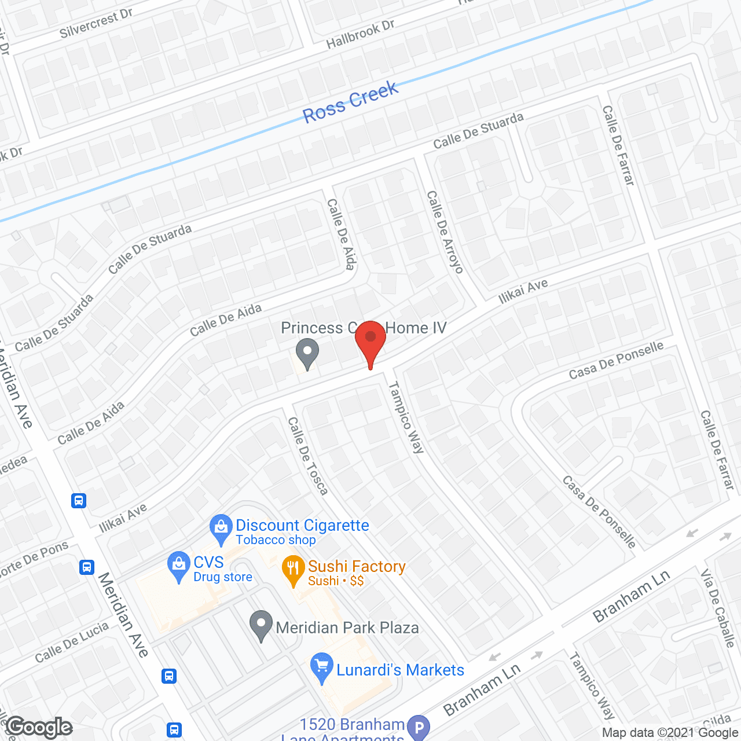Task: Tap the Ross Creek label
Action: pyautogui.click(x=351, y=102)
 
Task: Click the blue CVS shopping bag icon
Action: pyautogui.click(x=178, y=565)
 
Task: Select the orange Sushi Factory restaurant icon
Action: pyautogui.click(x=293, y=569)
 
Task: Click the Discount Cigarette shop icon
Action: pyautogui.click(x=221, y=528)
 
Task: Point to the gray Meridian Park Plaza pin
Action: pyautogui.click(x=261, y=625)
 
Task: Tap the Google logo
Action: pyautogui.click(x=39, y=727)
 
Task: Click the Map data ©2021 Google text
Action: pyautogui.click(x=670, y=733)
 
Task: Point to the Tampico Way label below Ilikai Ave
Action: pyautogui.click(x=406, y=417)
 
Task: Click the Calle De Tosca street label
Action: pyautogui.click(x=308, y=456)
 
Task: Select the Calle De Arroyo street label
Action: pyautogui.click(x=445, y=232)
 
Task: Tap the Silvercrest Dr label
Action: pyautogui.click(x=96, y=24)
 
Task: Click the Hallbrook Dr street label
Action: pyautogui.click(x=360, y=34)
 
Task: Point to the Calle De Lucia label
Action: pyautogui.click(x=72, y=642)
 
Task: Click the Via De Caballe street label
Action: pyautogui.click(x=718, y=608)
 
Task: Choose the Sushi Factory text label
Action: pyautogui.click(x=357, y=566)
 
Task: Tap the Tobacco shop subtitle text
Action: pyautogui.click(x=276, y=540)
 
